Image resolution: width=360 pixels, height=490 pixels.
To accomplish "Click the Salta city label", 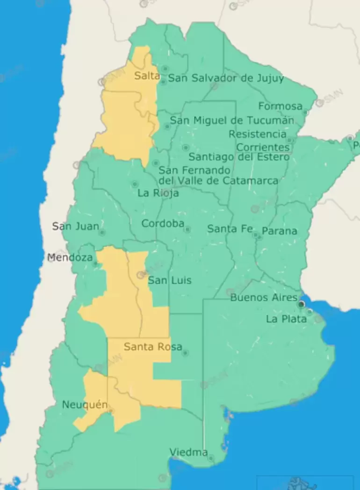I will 147,76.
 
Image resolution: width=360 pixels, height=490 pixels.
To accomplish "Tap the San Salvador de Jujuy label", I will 226,78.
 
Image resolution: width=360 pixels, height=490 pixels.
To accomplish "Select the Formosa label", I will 280,106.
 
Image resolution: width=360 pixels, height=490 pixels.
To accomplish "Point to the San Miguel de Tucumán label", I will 232,121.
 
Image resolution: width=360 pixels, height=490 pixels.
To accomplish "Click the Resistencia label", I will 258,134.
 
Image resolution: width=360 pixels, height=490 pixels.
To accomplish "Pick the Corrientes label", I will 263,147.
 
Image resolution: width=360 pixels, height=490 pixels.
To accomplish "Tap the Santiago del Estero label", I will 239,157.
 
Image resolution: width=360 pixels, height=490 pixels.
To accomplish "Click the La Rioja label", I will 158,193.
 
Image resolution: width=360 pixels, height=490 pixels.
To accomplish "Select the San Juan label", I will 75,227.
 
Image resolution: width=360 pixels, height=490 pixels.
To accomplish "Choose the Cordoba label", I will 163,224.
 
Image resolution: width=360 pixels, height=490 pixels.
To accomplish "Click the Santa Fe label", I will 230,229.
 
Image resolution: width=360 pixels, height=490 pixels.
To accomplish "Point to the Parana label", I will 280,231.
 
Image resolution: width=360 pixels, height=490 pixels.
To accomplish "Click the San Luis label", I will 170,280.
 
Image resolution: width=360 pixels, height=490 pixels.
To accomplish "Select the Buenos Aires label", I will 264,298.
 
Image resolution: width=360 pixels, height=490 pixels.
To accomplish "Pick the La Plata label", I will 286,319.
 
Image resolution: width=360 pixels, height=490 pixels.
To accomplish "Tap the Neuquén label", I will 85,405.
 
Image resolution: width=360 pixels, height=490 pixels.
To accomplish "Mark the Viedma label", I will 188,452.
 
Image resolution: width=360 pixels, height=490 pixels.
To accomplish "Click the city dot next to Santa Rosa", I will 185,353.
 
